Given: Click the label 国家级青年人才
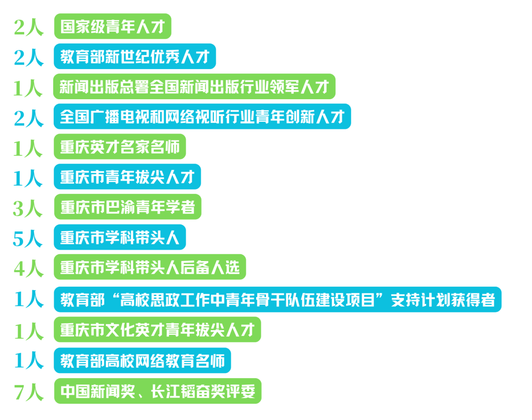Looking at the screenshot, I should [112, 27].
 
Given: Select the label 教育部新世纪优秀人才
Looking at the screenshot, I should [134, 57].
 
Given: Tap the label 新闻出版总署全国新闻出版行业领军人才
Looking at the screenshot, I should [194, 87].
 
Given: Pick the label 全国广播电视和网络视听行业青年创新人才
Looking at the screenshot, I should [202, 117].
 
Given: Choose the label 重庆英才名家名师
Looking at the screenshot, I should [120, 147].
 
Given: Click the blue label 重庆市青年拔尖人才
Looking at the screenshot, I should [127, 177].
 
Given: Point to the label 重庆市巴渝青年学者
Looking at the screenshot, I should [127, 207].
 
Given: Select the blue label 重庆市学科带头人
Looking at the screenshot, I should [120, 238].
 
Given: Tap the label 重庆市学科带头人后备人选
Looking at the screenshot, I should [149, 268].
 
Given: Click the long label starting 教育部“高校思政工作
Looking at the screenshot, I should [277, 300].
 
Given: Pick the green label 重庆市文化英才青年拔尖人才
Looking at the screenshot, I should [157, 330].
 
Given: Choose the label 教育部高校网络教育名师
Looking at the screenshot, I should [142, 361].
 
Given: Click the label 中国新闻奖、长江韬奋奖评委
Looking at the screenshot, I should [157, 391].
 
